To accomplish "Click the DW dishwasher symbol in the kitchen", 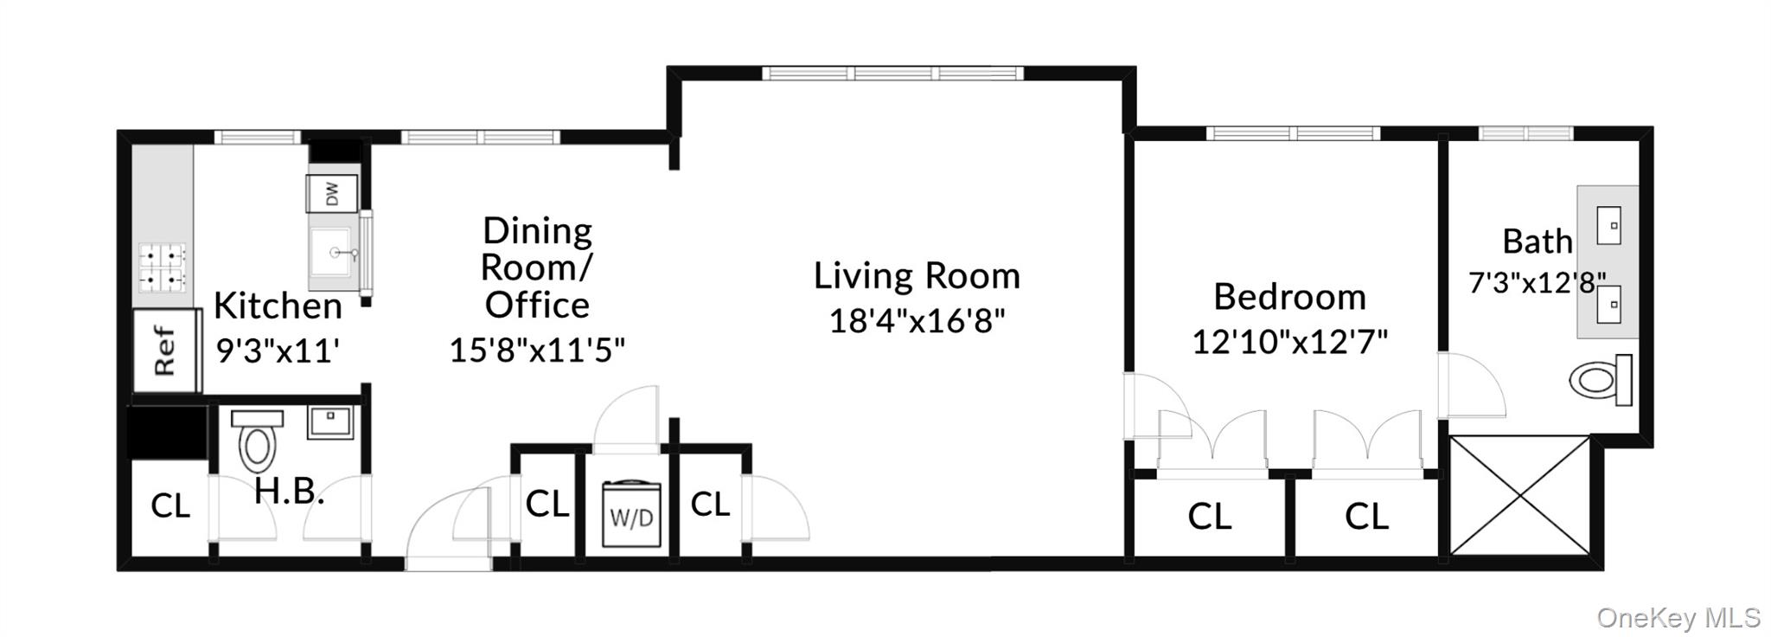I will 332,193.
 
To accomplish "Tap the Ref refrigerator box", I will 165,351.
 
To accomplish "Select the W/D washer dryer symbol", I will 631,515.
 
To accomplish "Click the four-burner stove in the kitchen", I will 163,267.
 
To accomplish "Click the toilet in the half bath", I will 257,440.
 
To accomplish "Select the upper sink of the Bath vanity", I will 1608,225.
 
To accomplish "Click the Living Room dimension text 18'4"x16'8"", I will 917,321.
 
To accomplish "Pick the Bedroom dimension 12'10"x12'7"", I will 1289,342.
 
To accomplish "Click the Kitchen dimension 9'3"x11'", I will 277,351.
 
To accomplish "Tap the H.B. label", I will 289,492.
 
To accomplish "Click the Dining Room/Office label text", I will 536,267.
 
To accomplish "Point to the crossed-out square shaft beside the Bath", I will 1519,495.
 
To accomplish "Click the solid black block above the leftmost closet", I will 167,433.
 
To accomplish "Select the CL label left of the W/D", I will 547,504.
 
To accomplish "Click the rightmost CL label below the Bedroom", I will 1366,517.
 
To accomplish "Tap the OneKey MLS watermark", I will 1678,618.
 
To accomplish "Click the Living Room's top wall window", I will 892,73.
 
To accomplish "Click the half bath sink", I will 329,421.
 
